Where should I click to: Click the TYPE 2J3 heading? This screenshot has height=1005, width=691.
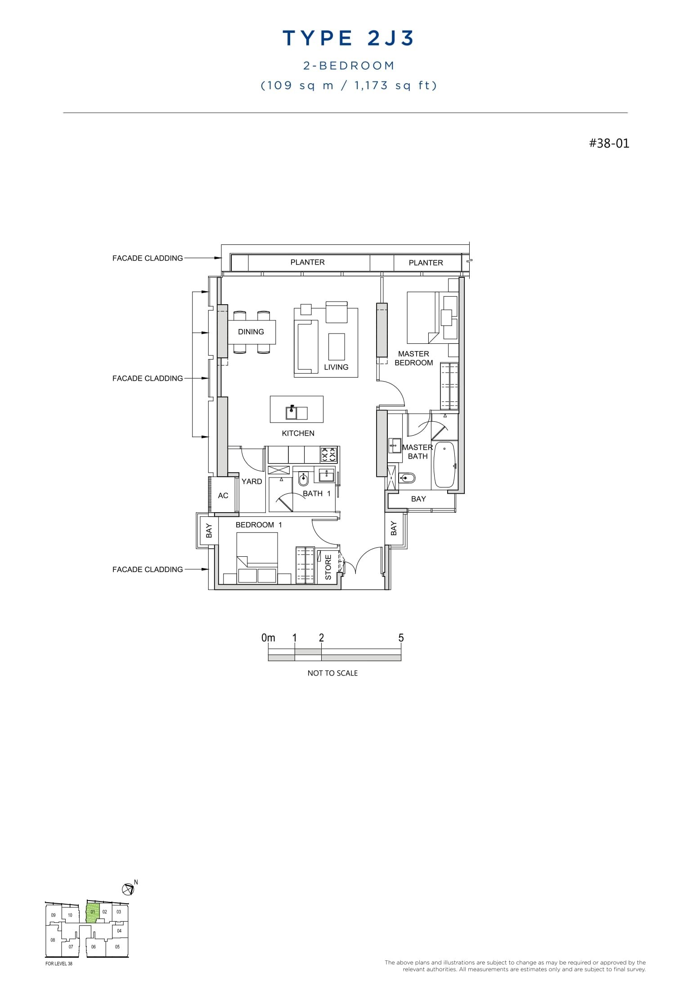click(348, 39)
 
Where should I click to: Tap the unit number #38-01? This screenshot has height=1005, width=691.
click(609, 143)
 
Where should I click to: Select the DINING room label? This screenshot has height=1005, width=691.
click(251, 332)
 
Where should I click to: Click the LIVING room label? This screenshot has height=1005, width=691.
click(336, 367)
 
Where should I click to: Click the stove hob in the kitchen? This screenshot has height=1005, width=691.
click(328, 455)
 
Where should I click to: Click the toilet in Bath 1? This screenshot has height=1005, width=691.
click(303, 480)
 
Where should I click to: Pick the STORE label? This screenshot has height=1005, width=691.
click(328, 567)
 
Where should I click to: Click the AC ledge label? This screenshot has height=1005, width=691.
click(223, 496)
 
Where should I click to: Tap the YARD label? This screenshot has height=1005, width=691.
click(251, 481)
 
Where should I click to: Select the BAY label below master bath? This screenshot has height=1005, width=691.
click(418, 499)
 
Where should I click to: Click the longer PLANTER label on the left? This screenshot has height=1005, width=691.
click(307, 262)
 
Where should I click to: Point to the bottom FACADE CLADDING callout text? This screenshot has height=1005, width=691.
click(148, 569)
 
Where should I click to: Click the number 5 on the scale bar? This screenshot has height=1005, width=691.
click(401, 638)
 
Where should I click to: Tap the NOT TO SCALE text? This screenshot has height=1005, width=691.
click(332, 673)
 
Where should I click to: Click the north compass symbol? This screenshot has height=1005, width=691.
click(128, 889)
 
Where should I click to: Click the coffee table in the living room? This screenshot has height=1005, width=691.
click(337, 347)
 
